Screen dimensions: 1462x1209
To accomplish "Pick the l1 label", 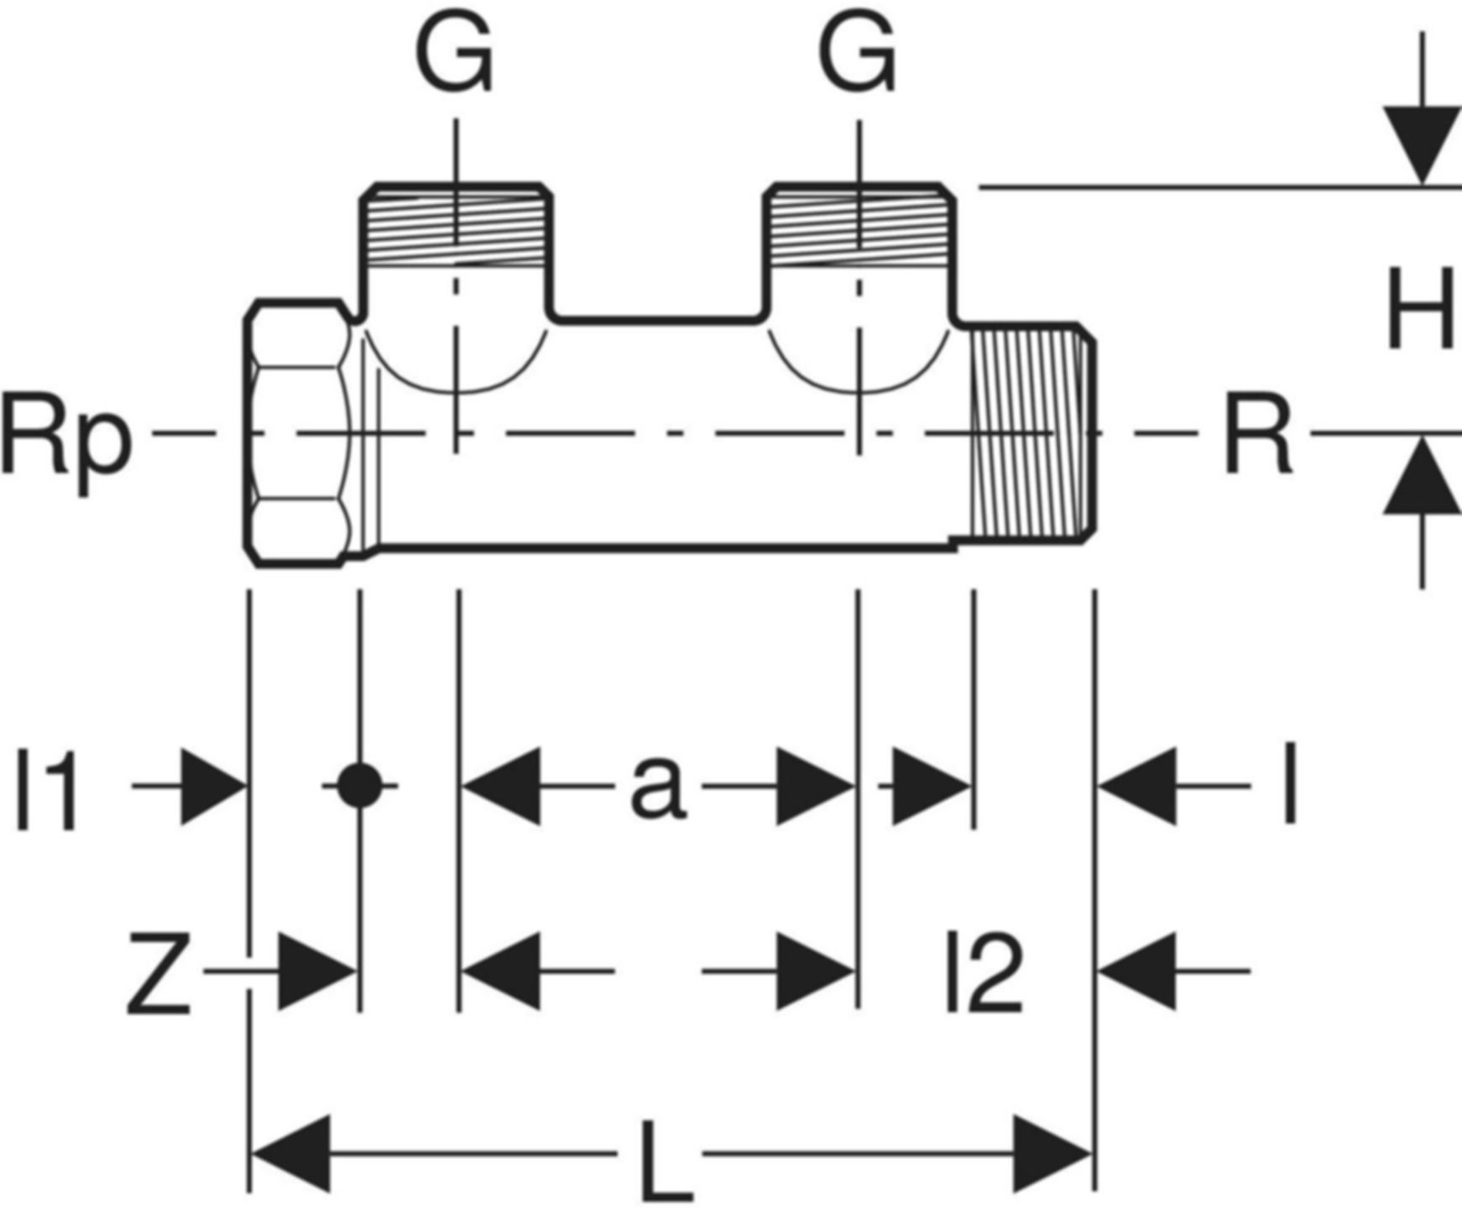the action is [x=48, y=789].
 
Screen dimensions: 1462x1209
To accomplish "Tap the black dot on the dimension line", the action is [x=359, y=786].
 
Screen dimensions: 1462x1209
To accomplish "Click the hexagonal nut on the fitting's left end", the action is [x=298, y=432].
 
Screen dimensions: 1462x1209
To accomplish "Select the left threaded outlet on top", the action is [x=456, y=224].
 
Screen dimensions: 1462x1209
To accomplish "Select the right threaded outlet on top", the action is [x=859, y=224].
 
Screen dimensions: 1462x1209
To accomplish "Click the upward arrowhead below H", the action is [x=1421, y=475].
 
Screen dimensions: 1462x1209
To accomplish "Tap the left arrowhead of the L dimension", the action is [x=292, y=1154].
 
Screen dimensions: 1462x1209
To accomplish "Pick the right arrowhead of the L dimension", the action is [x=1052, y=1154].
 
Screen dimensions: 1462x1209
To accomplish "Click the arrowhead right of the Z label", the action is [x=316, y=971].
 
